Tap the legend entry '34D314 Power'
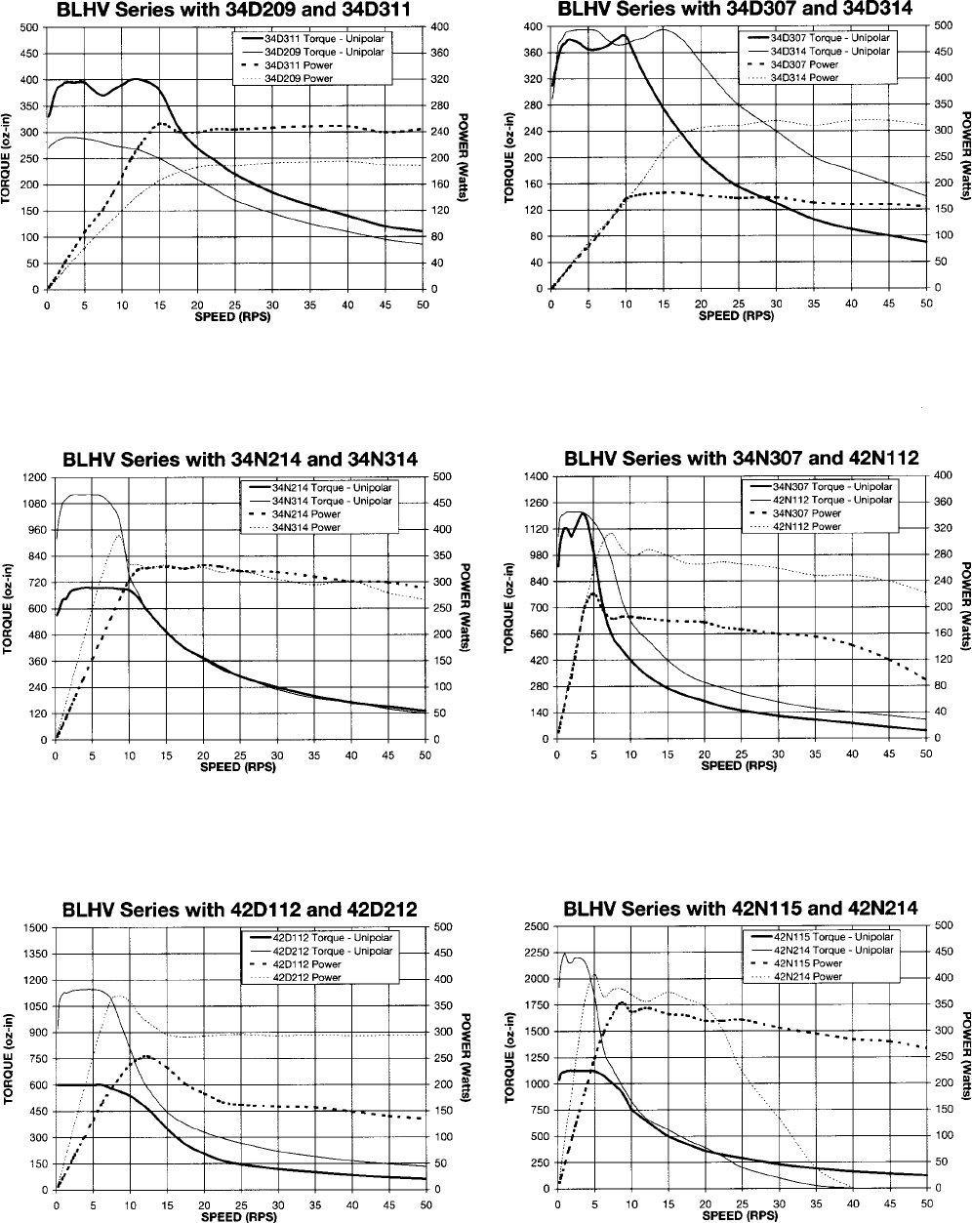pos(803,77)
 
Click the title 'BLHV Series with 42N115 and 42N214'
pos(741,908)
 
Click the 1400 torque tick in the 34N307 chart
pos(537,476)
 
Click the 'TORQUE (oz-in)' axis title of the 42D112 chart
pos(8,1058)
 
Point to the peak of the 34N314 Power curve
pos(119,535)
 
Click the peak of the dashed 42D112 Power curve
pos(146,1056)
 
